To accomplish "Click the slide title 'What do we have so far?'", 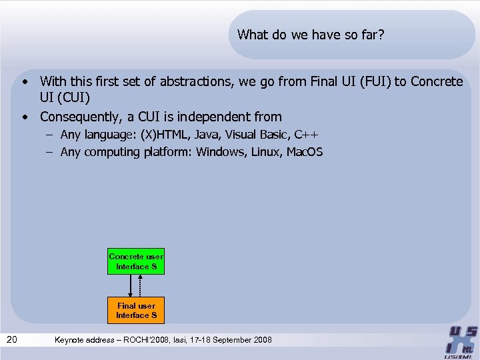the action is pyautogui.click(x=311, y=34).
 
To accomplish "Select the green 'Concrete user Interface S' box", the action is pyautogui.click(x=136, y=261).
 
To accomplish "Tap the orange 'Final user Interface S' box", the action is pyautogui.click(x=136, y=310).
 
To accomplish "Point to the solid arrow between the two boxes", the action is pyautogui.click(x=131, y=285).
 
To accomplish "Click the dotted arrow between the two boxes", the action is pyautogui.click(x=140, y=285).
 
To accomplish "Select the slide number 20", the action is pyautogui.click(x=11, y=340).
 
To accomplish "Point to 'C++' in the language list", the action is pyautogui.click(x=310, y=134).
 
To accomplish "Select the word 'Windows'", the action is pyautogui.click(x=221, y=152).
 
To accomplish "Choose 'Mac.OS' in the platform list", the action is pyautogui.click(x=305, y=152).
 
